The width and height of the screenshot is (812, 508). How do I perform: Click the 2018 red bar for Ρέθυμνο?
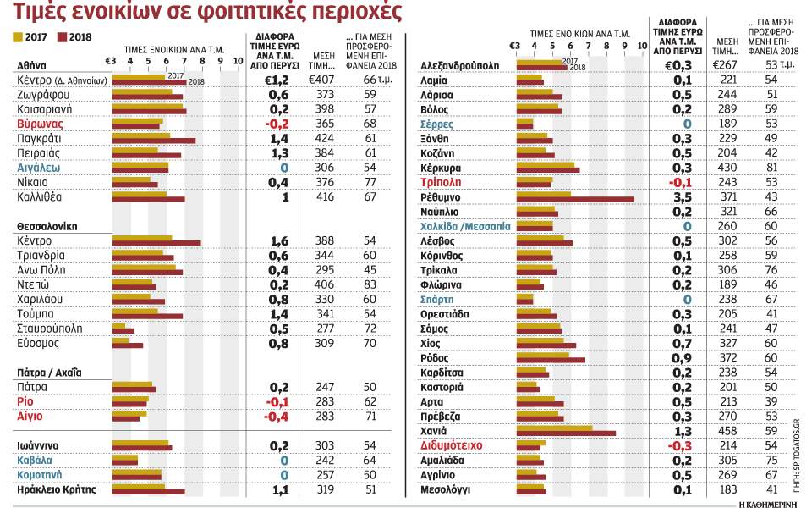575,199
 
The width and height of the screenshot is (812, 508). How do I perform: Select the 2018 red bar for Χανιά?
566,433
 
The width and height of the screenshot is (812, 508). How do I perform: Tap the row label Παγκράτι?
41,138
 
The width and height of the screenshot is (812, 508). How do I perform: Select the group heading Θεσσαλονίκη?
47,227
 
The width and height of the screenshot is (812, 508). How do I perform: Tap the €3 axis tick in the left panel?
111,60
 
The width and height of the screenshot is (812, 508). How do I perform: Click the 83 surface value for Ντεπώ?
369,284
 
